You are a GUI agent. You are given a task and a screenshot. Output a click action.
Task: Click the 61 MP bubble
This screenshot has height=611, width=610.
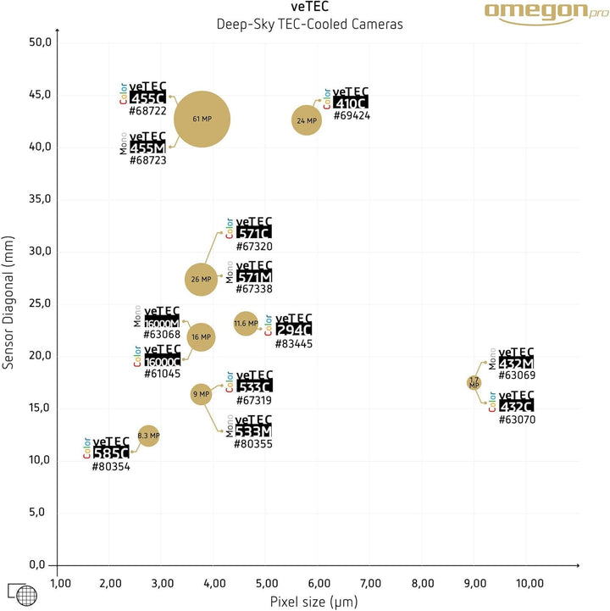202,119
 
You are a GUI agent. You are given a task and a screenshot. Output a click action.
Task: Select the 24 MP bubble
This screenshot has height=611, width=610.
307,121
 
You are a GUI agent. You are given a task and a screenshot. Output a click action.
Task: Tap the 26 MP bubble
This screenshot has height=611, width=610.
202,279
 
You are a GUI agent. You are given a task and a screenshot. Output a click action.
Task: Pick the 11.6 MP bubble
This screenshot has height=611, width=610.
246,323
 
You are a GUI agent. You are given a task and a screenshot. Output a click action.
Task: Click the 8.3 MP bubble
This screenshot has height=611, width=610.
148,436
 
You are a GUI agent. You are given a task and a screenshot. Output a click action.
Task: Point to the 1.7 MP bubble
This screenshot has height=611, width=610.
474,383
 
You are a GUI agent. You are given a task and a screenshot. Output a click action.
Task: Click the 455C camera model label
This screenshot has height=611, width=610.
147,98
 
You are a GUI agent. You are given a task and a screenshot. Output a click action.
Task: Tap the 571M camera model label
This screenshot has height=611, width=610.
254,277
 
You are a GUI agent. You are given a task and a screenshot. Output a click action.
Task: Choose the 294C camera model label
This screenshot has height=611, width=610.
294,329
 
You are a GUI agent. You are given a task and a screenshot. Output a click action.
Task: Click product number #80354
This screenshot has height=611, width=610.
111,466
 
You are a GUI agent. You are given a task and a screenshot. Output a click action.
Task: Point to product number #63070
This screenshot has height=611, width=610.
517,419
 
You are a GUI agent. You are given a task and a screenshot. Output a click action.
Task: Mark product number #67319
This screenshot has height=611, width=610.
254,400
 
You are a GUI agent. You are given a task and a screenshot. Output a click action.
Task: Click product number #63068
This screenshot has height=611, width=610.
162,336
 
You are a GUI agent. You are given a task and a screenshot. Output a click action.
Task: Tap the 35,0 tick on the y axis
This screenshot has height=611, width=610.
40,199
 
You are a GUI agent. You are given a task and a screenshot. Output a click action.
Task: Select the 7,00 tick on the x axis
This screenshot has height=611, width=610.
371,583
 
